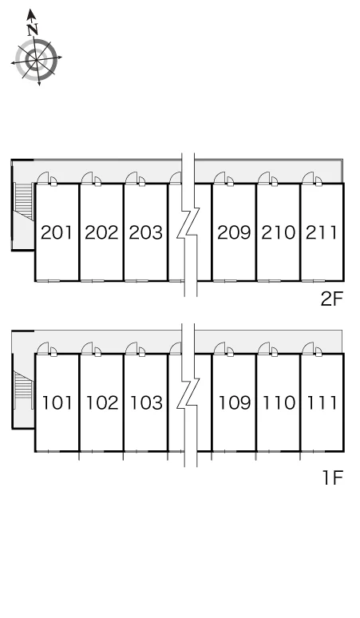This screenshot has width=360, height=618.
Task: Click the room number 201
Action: (57, 232)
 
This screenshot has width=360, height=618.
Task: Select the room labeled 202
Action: (101, 232)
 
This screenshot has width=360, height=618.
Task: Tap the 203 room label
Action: (146, 232)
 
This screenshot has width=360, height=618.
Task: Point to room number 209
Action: (234, 232)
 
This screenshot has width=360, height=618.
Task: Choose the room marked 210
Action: (278, 232)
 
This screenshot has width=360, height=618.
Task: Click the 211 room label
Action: (322, 232)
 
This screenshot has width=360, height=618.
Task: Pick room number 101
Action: (57, 402)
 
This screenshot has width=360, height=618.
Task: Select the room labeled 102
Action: (102, 402)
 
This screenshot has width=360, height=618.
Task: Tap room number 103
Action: (147, 402)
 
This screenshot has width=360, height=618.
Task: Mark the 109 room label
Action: (235, 402)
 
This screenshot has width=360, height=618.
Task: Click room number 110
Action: (279, 402)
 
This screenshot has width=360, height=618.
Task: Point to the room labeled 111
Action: (322, 402)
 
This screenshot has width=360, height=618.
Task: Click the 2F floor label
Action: (332, 299)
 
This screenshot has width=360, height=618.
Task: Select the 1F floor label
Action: (333, 477)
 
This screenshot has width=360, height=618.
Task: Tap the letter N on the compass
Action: (33, 30)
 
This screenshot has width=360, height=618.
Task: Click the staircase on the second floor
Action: (24, 201)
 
